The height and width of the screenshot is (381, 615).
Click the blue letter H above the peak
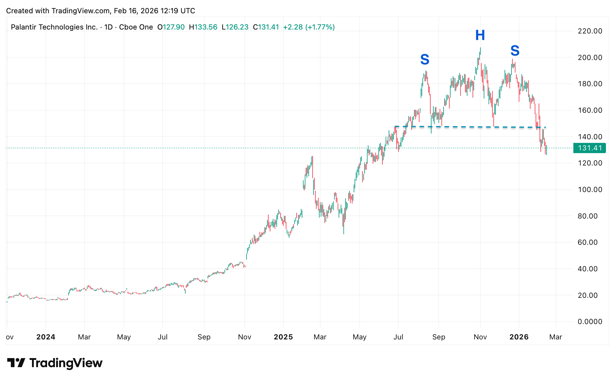[480, 35]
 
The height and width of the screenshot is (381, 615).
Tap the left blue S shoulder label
[425, 59]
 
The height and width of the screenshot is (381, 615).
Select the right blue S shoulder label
[515, 50]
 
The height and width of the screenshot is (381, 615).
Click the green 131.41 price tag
[589, 148]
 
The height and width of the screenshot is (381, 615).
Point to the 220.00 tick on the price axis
[590, 31]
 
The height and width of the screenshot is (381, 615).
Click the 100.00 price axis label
[590, 190]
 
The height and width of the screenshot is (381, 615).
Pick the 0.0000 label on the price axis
[590, 322]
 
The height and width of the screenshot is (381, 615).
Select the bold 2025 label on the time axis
[283, 337]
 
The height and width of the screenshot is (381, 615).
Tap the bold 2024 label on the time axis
[46, 337]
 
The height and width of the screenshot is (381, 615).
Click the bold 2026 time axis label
[519, 337]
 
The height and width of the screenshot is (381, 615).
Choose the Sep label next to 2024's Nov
[204, 337]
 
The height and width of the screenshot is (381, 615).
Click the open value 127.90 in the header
[174, 27]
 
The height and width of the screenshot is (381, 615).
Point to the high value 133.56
[206, 27]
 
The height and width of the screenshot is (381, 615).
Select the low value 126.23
[237, 27]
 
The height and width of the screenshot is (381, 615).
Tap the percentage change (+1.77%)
[320, 27]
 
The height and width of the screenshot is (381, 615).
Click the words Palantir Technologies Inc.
[54, 27]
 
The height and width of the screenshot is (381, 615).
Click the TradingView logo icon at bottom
[16, 363]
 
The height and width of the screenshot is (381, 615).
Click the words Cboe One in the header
[136, 27]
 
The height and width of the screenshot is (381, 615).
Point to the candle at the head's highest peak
[480, 50]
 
